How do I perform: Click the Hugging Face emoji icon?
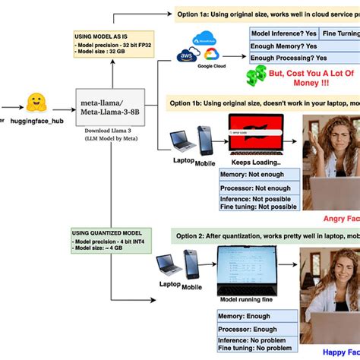34,101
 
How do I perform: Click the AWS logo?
185,57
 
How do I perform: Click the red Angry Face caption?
339,219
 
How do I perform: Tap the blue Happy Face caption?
339,352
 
